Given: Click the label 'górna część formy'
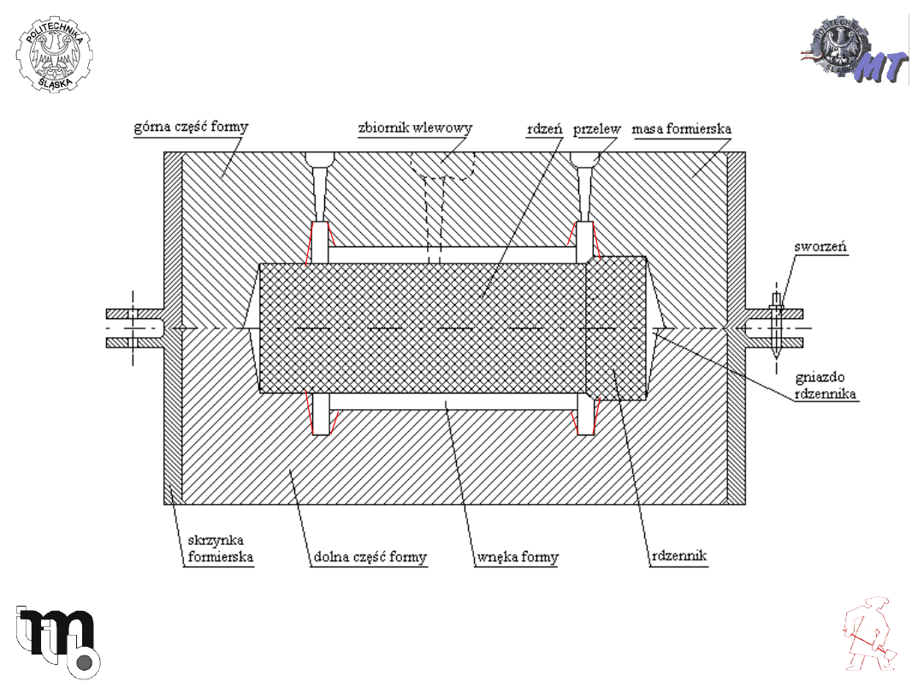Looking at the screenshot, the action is (x=191, y=127).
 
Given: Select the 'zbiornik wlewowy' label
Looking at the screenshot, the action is (x=416, y=127).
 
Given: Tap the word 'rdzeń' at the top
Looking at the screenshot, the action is (x=544, y=128).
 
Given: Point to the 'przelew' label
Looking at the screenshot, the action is (x=597, y=129).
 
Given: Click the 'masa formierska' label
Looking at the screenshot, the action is (x=681, y=128).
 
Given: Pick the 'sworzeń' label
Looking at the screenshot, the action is (x=820, y=246).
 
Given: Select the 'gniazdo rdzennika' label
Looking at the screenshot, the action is (x=825, y=385).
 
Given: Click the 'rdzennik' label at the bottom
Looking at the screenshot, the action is (x=678, y=555).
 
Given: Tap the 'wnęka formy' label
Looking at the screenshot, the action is (x=518, y=557).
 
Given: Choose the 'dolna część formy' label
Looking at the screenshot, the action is (x=370, y=557).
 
